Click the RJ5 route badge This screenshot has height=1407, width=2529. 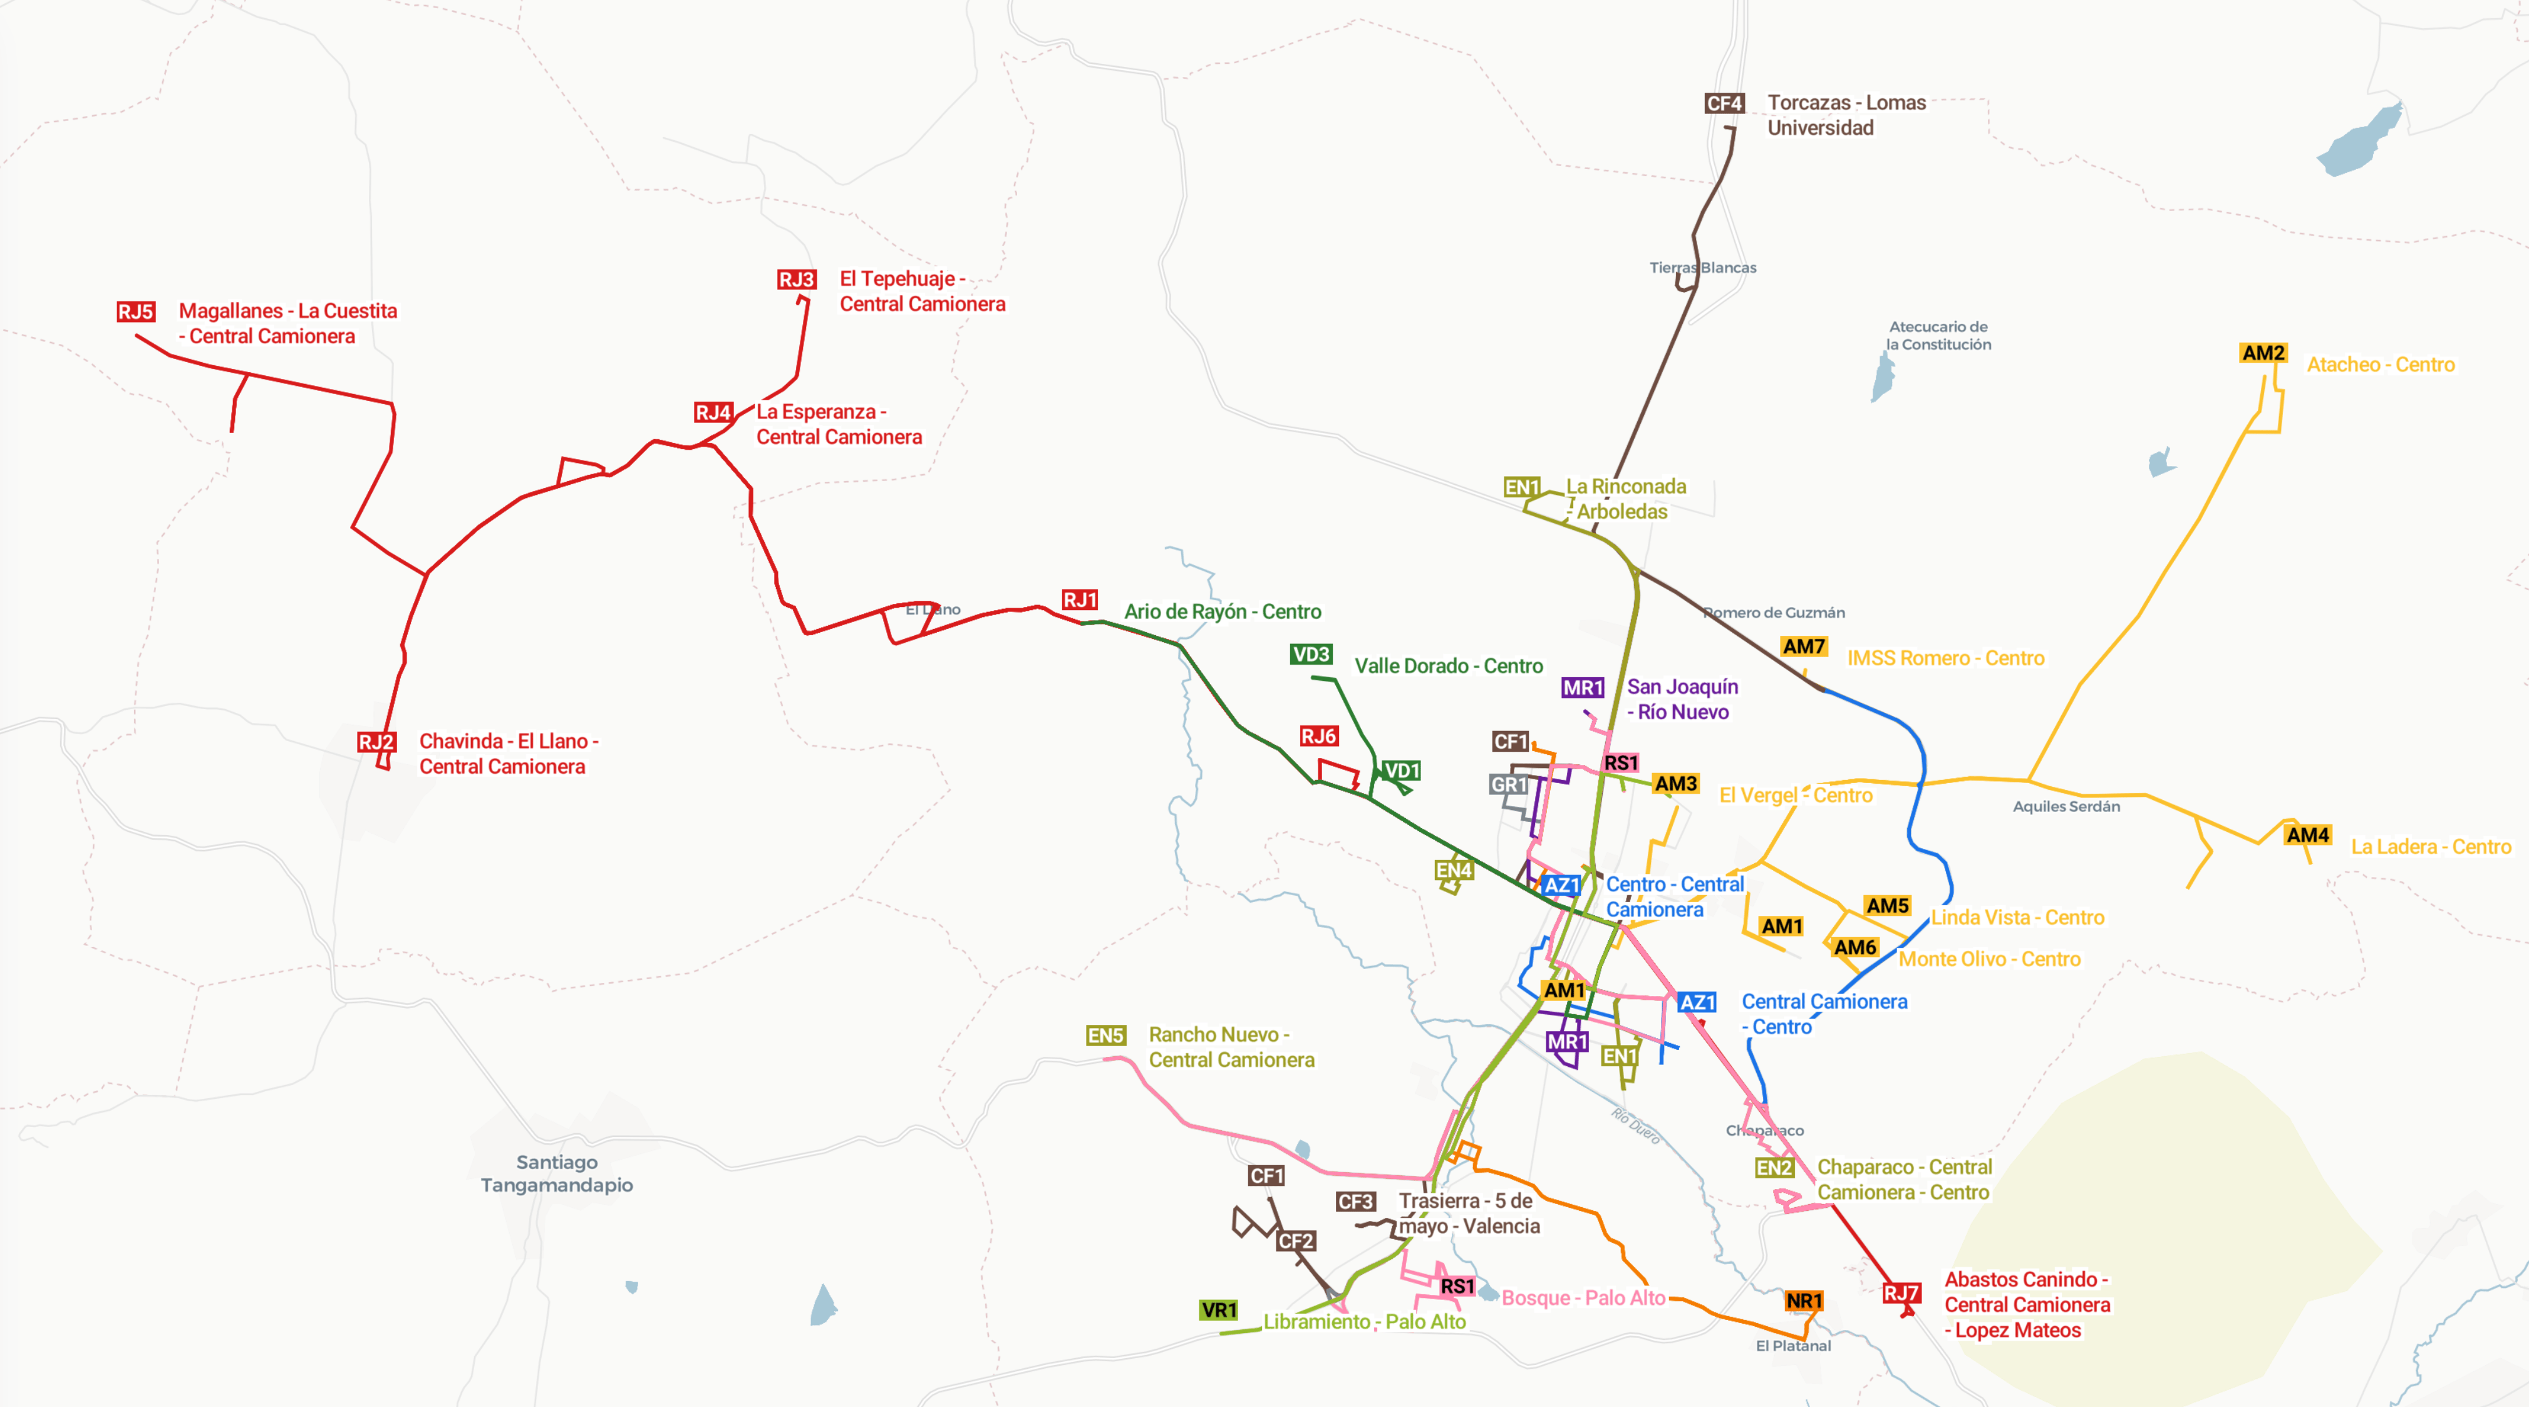(135, 312)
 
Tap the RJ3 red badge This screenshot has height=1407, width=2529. (796, 280)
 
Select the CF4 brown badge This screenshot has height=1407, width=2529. (1724, 103)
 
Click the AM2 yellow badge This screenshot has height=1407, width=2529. (2263, 353)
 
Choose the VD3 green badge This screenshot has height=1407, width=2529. (1311, 655)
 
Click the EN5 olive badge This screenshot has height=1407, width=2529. (1105, 1036)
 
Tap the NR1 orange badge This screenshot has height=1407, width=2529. (1804, 1301)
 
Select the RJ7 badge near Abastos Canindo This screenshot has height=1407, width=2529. (1901, 1293)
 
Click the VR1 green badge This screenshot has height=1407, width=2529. (1218, 1311)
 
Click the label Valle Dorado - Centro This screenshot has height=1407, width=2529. (1448, 667)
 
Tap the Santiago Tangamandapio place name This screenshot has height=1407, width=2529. (557, 1173)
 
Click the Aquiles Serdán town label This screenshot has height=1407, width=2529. (2066, 806)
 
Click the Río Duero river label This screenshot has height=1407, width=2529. (1636, 1126)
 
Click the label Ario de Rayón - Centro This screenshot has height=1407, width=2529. (1223, 611)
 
